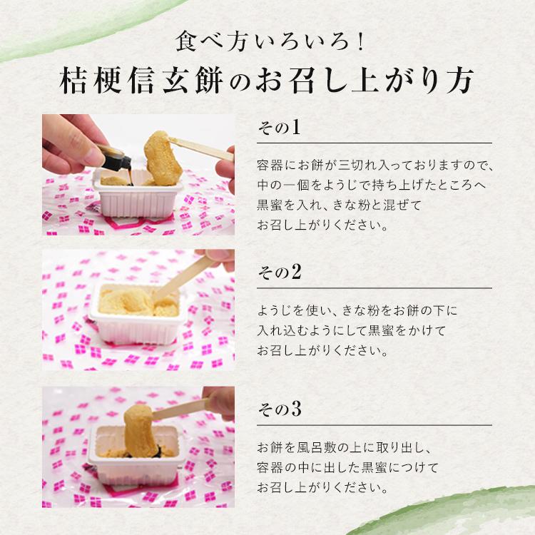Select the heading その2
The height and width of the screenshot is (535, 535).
pyautogui.click(x=278, y=272)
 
